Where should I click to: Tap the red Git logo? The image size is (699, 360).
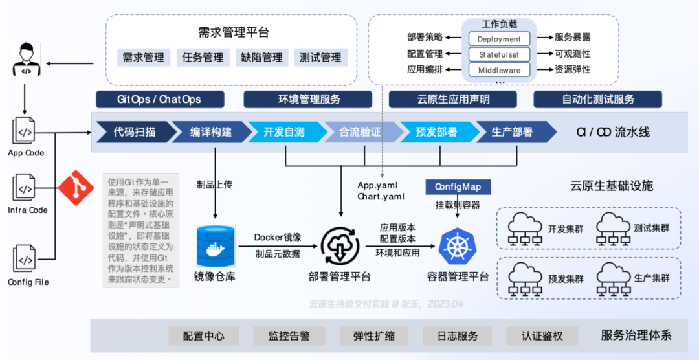click(x=76, y=188)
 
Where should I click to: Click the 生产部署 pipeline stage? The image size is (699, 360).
click(x=513, y=132)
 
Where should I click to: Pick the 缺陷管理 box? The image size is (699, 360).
click(x=261, y=58)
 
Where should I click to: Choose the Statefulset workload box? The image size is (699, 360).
click(x=499, y=54)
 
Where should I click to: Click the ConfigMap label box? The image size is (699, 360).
click(x=458, y=186)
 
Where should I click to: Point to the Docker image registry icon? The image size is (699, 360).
click(x=214, y=245)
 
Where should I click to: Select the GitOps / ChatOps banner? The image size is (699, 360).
click(x=159, y=99)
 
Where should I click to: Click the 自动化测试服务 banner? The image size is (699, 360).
click(x=597, y=99)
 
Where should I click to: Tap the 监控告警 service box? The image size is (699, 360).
click(x=289, y=336)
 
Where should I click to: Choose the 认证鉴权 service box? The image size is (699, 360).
click(x=542, y=336)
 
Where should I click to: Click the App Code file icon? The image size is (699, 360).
click(x=25, y=132)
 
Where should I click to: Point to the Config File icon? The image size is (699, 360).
click(x=25, y=260)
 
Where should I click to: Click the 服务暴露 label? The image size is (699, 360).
click(x=572, y=38)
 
